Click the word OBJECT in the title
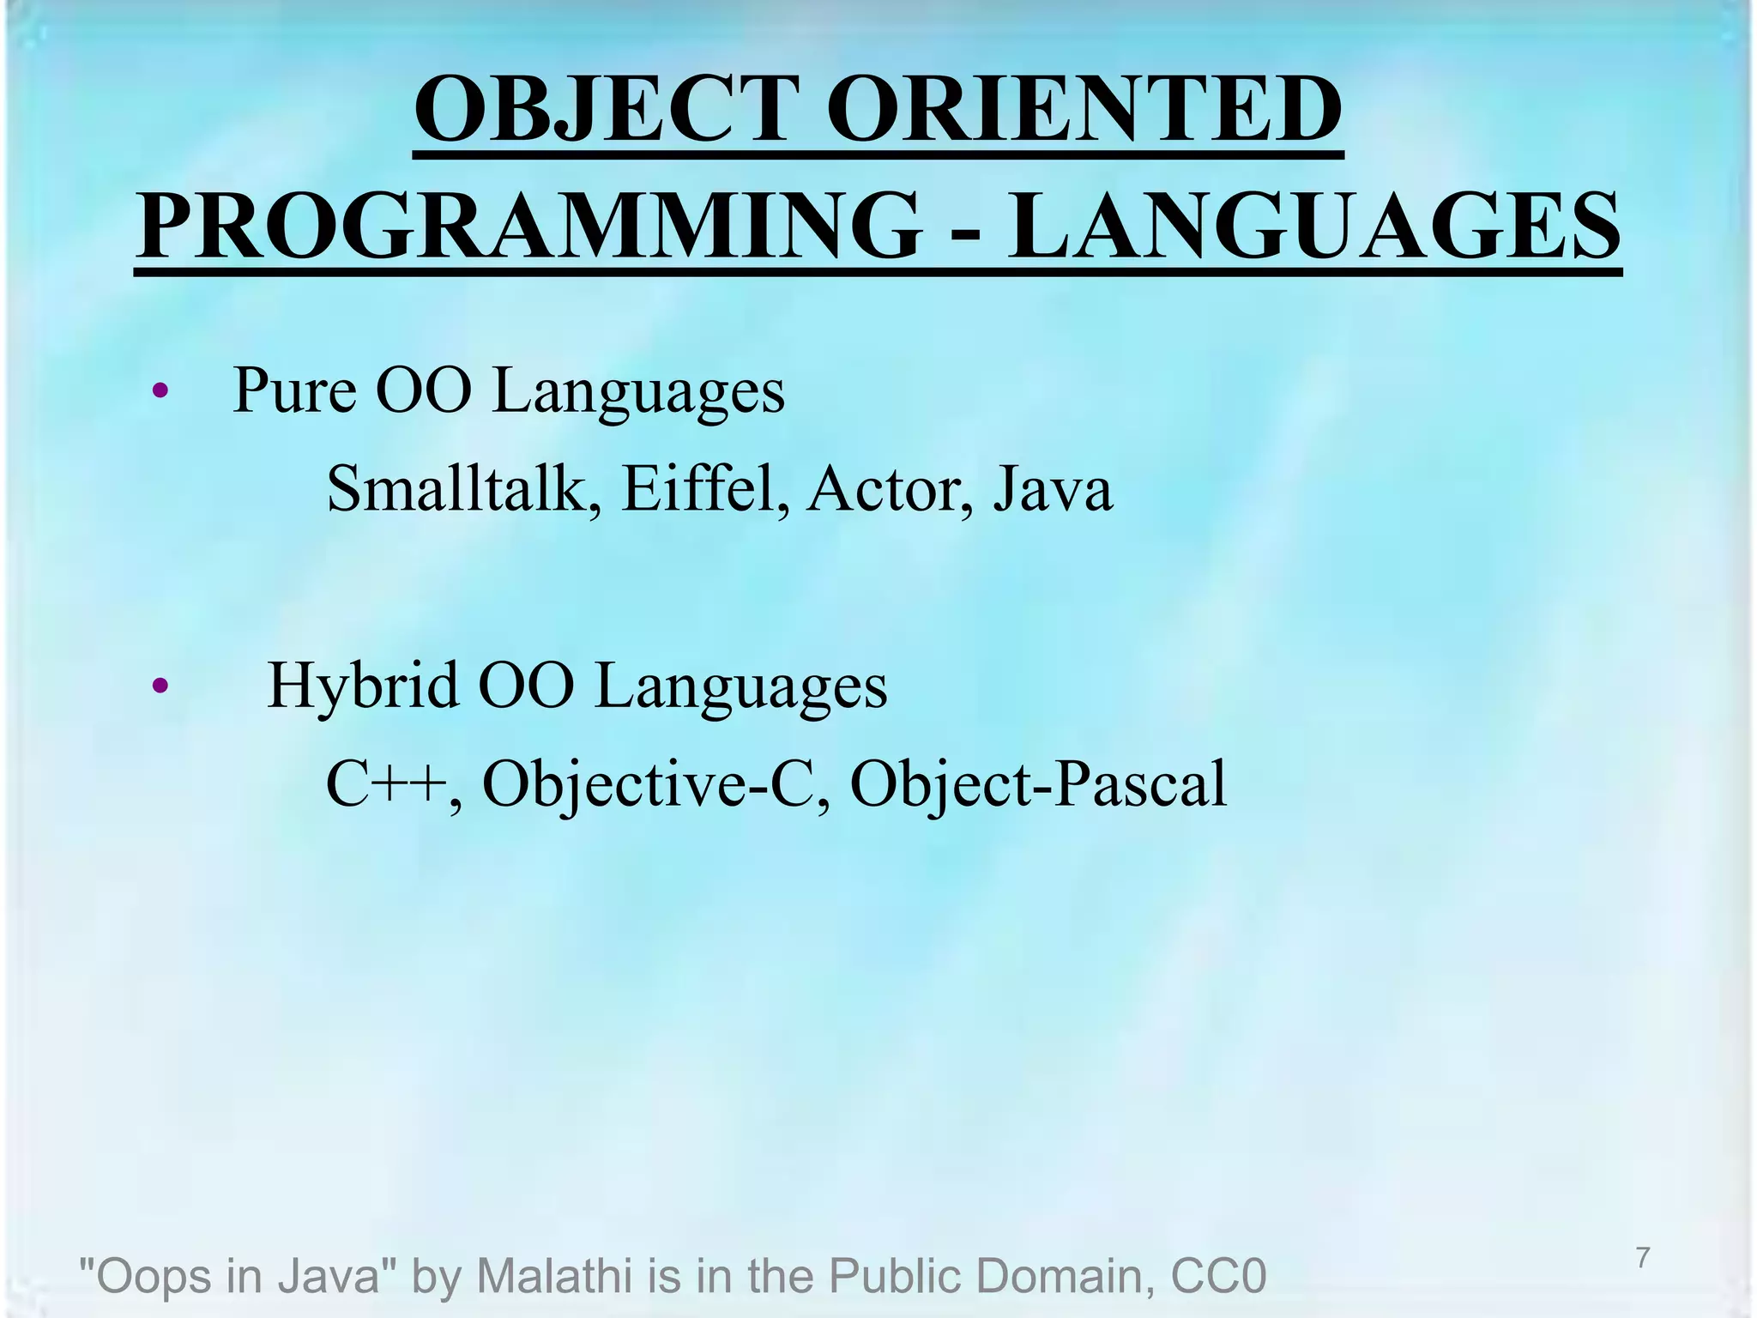(601, 111)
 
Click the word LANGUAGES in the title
(1313, 227)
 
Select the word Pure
(293, 391)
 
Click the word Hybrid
(362, 686)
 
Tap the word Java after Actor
(1053, 489)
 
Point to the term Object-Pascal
(1038, 785)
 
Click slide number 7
(1643, 1258)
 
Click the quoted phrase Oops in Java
(229, 1276)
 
